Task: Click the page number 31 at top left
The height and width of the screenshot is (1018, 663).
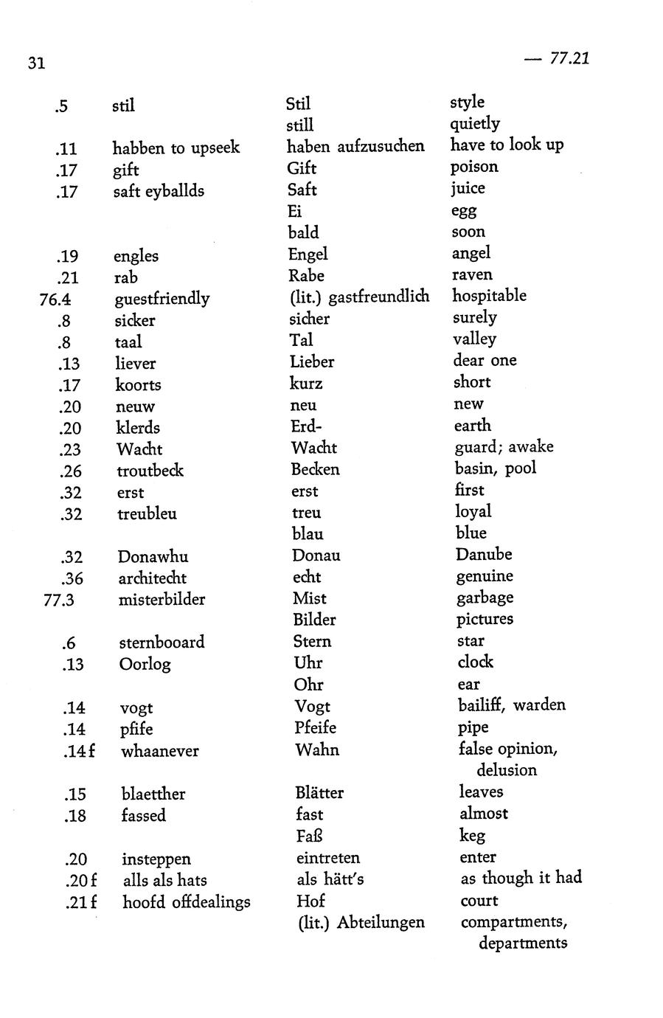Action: [x=37, y=63]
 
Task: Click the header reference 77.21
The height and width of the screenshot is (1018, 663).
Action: [x=569, y=58]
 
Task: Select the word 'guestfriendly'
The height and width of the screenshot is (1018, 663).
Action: [x=162, y=299]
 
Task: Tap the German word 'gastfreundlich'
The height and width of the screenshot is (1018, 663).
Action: [x=378, y=297]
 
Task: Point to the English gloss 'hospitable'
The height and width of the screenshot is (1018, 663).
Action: [x=489, y=296]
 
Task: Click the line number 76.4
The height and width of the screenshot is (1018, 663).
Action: [x=55, y=299]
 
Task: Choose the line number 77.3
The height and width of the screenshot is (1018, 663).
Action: [x=59, y=600]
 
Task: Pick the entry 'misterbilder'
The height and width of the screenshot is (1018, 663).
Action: [x=162, y=599]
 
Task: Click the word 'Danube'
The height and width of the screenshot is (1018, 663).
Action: [x=483, y=554]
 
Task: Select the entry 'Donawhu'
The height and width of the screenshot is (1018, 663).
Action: [x=153, y=556]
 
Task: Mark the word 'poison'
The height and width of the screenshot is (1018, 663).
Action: [x=474, y=167]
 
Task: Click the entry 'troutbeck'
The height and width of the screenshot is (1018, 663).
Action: [x=150, y=471]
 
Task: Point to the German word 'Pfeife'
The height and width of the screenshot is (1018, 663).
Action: [x=315, y=727]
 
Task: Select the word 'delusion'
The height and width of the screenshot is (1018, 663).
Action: [x=507, y=770]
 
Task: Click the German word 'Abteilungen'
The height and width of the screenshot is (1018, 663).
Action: [x=381, y=922]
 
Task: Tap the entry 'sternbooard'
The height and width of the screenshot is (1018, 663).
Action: [x=162, y=642]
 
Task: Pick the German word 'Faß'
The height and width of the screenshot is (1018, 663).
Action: [x=309, y=836]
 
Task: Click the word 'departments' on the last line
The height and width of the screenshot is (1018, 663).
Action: [x=522, y=943]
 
